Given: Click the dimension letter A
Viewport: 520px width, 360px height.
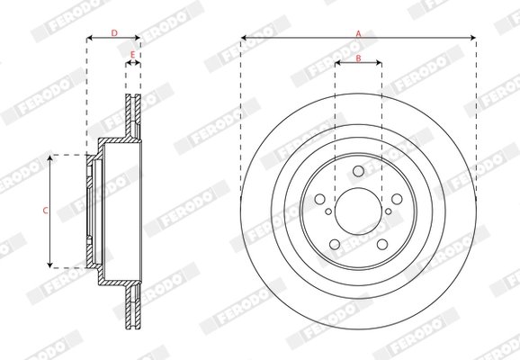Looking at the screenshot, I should tap(358, 32).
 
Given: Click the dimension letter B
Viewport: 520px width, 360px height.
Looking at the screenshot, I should tap(358, 58).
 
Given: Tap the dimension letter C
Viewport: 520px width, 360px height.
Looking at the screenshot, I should tap(45, 211).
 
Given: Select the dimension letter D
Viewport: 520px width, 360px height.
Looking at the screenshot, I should tap(114, 32).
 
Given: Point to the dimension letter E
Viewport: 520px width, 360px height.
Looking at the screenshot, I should tap(132, 56).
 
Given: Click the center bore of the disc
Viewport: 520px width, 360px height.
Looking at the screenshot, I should tap(358, 213).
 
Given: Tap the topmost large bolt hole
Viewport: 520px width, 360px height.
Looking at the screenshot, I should tap(358, 172).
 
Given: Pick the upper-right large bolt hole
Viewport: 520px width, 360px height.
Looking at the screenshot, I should tap(397, 201).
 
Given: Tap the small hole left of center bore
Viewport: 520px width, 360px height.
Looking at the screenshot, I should tap(329, 213).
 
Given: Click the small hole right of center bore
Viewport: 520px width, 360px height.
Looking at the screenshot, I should tap(387, 213).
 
